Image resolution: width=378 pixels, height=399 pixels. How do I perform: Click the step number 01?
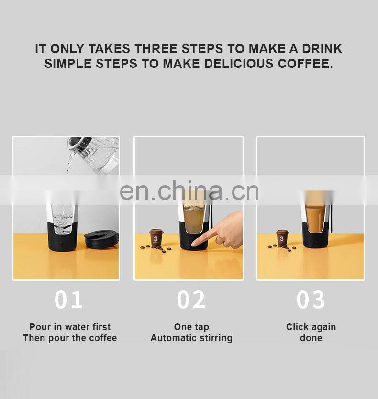tap(68, 299)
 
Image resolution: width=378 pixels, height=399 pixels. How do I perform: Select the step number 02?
tap(191, 299)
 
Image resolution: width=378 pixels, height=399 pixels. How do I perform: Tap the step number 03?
tap(311, 299)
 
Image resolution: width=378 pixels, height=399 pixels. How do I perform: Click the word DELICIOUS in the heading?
tap(239, 63)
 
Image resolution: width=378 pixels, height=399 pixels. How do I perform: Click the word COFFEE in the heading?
tap(305, 63)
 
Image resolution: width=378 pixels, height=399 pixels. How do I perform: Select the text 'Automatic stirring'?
tap(191, 338)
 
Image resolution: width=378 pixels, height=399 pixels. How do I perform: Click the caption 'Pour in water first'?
tap(70, 326)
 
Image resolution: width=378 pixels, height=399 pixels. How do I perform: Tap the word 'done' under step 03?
tap(311, 338)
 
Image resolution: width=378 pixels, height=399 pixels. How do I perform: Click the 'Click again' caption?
tap(311, 327)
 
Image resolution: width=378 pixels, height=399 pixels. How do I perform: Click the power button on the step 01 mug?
tap(62, 245)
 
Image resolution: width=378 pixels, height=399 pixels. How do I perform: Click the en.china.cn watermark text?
tap(189, 190)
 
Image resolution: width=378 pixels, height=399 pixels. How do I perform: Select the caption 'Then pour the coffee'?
tap(70, 338)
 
